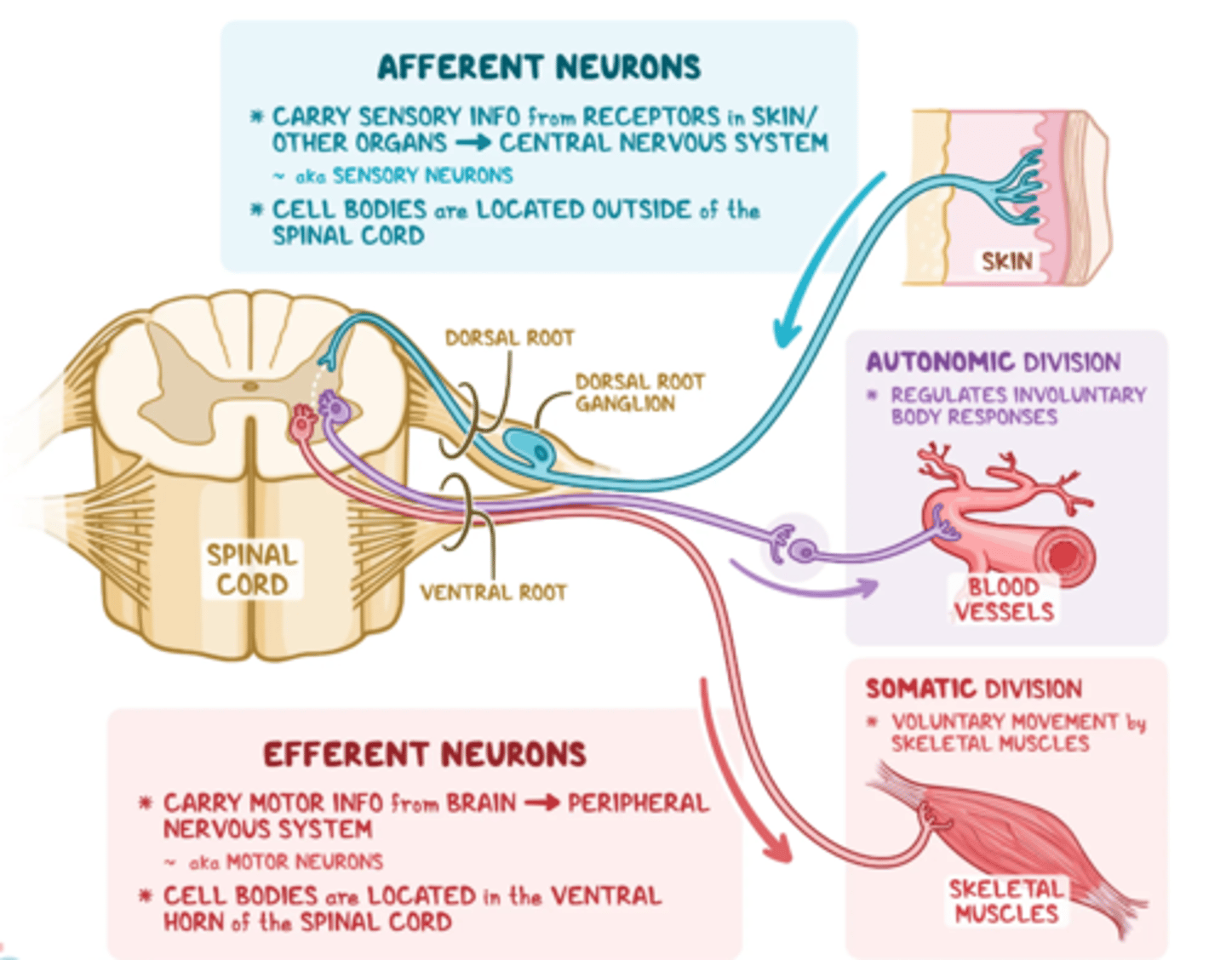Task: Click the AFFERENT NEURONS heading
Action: (539, 67)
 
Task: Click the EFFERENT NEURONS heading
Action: (424, 754)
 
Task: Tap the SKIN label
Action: (1006, 260)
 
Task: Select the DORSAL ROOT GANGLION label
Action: (639, 392)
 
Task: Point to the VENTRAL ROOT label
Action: (493, 592)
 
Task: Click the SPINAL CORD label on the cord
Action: (252, 569)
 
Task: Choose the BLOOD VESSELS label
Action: (1004, 599)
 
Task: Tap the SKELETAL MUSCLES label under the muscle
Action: (1005, 901)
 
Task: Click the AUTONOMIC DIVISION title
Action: (993, 362)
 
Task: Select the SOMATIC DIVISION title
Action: (973, 689)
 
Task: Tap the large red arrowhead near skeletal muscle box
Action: (776, 848)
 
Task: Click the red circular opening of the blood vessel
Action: (1064, 557)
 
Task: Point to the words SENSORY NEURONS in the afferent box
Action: (422, 175)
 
